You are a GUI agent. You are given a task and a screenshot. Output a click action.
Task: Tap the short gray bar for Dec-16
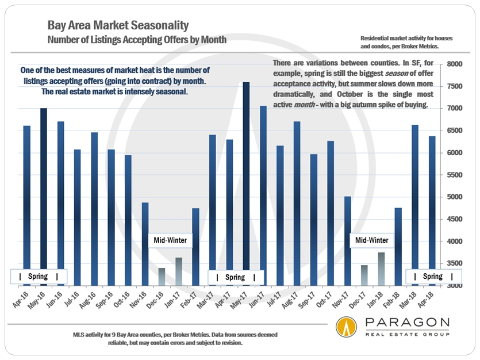[x=162, y=277]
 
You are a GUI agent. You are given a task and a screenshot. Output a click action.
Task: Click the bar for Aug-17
[x=297, y=204]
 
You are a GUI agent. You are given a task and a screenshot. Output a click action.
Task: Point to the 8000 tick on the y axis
[x=455, y=64]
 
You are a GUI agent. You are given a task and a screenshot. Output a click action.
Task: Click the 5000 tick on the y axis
[x=455, y=197]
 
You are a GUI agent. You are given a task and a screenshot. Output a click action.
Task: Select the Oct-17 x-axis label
[x=327, y=300]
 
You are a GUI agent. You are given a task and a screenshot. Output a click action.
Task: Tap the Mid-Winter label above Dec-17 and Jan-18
[x=371, y=240]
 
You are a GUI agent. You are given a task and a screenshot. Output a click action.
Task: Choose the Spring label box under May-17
[x=235, y=277]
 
